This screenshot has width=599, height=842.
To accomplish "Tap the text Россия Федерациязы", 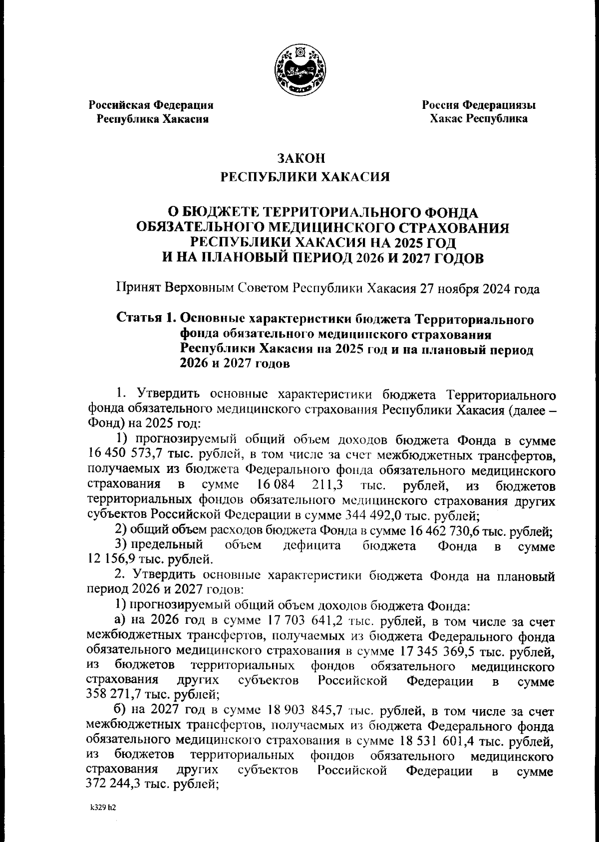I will click(x=479, y=105).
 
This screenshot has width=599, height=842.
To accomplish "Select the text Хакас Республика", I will click(x=479, y=119).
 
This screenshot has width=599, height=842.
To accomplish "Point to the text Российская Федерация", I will click(x=151, y=105).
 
